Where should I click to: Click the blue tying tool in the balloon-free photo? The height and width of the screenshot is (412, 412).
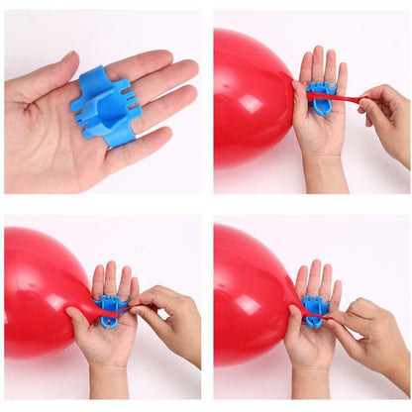click(x=104, y=104)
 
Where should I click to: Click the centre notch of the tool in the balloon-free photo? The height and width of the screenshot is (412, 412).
click(x=106, y=102)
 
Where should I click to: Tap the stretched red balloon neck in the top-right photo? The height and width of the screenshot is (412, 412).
click(x=342, y=97)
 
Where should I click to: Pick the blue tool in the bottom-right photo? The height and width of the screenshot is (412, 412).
click(x=313, y=310)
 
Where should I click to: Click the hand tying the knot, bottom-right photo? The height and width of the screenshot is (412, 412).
click(x=371, y=332)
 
